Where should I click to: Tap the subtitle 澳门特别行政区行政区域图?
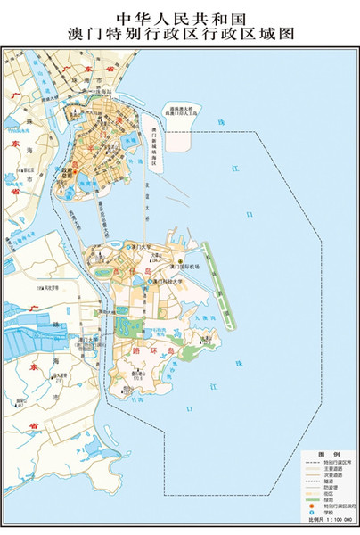[x=179, y=34]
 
